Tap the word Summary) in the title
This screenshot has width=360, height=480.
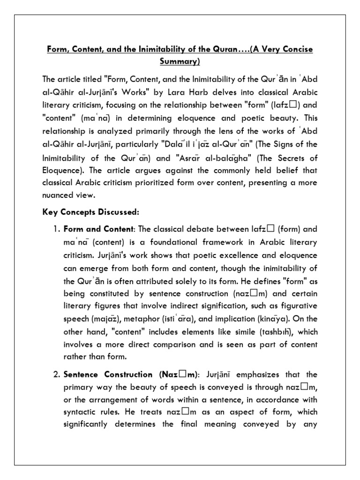180,61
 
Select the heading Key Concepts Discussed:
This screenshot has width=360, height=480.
91,212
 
